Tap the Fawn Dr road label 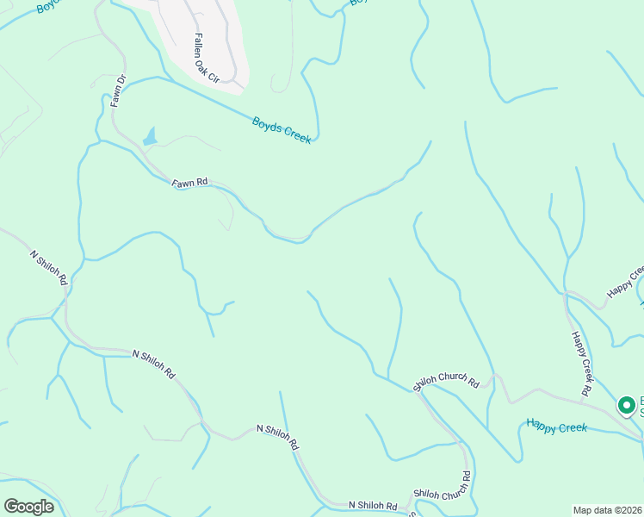(119, 90)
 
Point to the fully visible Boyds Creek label (282, 130)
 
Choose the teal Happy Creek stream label (556, 426)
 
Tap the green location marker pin (627, 404)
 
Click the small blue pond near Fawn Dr (151, 137)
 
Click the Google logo (28, 507)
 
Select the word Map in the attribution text (584, 509)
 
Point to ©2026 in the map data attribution (628, 509)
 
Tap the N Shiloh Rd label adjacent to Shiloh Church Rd (373, 506)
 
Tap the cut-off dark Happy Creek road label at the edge (625, 282)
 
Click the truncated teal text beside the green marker (641, 405)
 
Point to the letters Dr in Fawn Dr (121, 78)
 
